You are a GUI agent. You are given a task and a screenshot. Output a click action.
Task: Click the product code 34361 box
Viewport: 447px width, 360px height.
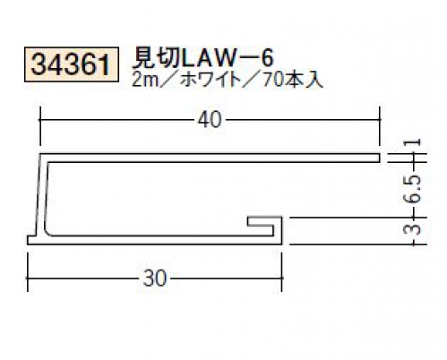(72, 64)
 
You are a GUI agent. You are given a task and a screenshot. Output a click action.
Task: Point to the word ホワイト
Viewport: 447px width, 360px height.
(211, 80)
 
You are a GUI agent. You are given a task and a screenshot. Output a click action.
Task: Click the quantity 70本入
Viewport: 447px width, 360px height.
(293, 80)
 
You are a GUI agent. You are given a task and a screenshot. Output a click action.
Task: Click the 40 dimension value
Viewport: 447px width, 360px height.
(210, 120)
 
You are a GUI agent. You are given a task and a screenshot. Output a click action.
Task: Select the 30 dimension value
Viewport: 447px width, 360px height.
(154, 279)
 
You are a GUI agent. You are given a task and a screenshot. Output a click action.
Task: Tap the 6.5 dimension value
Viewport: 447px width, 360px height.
(415, 190)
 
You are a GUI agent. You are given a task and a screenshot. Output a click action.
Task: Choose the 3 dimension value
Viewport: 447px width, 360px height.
(415, 230)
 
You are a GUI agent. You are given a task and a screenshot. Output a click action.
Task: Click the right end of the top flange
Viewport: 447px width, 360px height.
(380, 159)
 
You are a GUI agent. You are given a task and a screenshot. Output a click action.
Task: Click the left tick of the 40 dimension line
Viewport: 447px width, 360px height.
(40, 120)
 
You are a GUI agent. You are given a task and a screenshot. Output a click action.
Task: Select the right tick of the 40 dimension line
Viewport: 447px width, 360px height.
(380, 120)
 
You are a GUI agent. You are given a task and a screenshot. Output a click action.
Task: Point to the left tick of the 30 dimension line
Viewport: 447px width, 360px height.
(28, 279)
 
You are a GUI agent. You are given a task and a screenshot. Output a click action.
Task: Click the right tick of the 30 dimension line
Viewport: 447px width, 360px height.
(281, 279)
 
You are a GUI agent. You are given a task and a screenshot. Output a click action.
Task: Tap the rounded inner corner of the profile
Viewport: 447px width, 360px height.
(47, 232)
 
